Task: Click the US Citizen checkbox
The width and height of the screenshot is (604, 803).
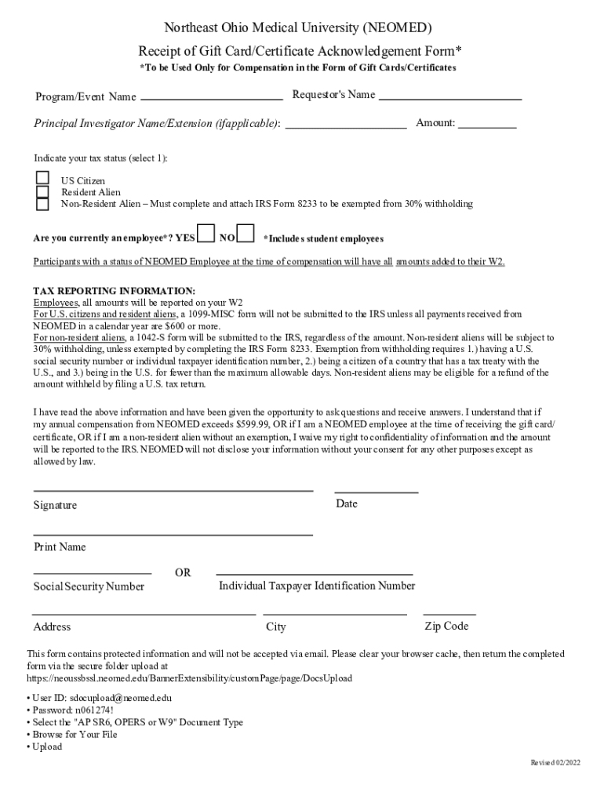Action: pyautogui.click(x=42, y=180)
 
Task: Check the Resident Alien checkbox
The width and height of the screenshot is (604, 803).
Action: pyautogui.click(x=42, y=191)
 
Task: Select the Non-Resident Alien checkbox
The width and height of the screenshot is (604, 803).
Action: pyautogui.click(x=42, y=204)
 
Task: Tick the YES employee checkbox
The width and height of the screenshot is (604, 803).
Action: pyautogui.click(x=206, y=234)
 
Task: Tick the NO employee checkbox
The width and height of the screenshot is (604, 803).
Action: pyautogui.click(x=246, y=234)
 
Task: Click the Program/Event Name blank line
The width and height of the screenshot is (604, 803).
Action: pyautogui.click(x=211, y=99)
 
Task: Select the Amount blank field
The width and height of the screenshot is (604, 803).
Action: pyautogui.click(x=487, y=125)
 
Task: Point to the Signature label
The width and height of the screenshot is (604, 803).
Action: pyautogui.click(x=55, y=505)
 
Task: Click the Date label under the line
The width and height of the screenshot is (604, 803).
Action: pyautogui.click(x=346, y=503)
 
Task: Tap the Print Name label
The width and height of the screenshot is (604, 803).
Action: pyautogui.click(x=59, y=547)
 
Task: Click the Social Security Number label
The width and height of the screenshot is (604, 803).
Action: pyautogui.click(x=89, y=587)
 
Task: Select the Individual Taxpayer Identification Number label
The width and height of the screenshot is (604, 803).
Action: pyautogui.click(x=317, y=586)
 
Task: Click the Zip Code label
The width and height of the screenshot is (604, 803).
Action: pyautogui.click(x=446, y=626)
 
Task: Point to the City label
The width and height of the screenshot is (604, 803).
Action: pyautogui.click(x=276, y=627)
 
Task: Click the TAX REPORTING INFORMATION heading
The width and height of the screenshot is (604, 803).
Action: pyautogui.click(x=114, y=291)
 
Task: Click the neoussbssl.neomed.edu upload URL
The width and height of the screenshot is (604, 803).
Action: pyautogui.click(x=189, y=678)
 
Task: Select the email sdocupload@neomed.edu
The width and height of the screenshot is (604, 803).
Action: pyautogui.click(x=120, y=697)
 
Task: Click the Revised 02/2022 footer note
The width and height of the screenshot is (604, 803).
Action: pyautogui.click(x=556, y=763)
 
